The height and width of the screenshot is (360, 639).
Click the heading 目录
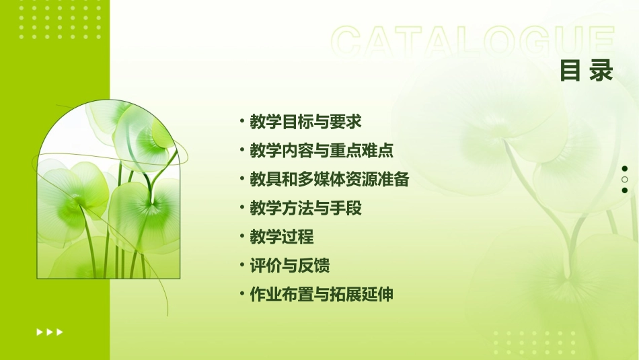(587, 71)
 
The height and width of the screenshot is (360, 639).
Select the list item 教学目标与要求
(305, 122)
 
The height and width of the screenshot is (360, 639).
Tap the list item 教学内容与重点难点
(322, 151)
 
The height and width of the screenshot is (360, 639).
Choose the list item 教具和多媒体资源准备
(329, 180)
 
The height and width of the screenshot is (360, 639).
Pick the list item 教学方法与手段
(305, 209)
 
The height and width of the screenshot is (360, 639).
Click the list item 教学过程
(281, 238)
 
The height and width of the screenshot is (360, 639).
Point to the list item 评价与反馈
(289, 266)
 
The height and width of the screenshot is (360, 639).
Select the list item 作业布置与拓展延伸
(321, 295)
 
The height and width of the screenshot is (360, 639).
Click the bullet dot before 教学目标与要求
(241, 121)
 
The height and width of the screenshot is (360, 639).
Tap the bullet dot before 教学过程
(241, 237)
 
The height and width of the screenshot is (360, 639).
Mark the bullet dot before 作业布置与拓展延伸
(241, 294)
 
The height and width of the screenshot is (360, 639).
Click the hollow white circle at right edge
(625, 180)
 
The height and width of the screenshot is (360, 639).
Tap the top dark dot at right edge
(625, 169)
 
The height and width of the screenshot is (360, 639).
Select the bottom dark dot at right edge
(625, 190)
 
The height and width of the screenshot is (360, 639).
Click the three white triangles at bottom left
(50, 332)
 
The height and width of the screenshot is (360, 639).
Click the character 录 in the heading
(601, 71)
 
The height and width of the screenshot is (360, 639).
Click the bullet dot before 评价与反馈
(241, 266)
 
